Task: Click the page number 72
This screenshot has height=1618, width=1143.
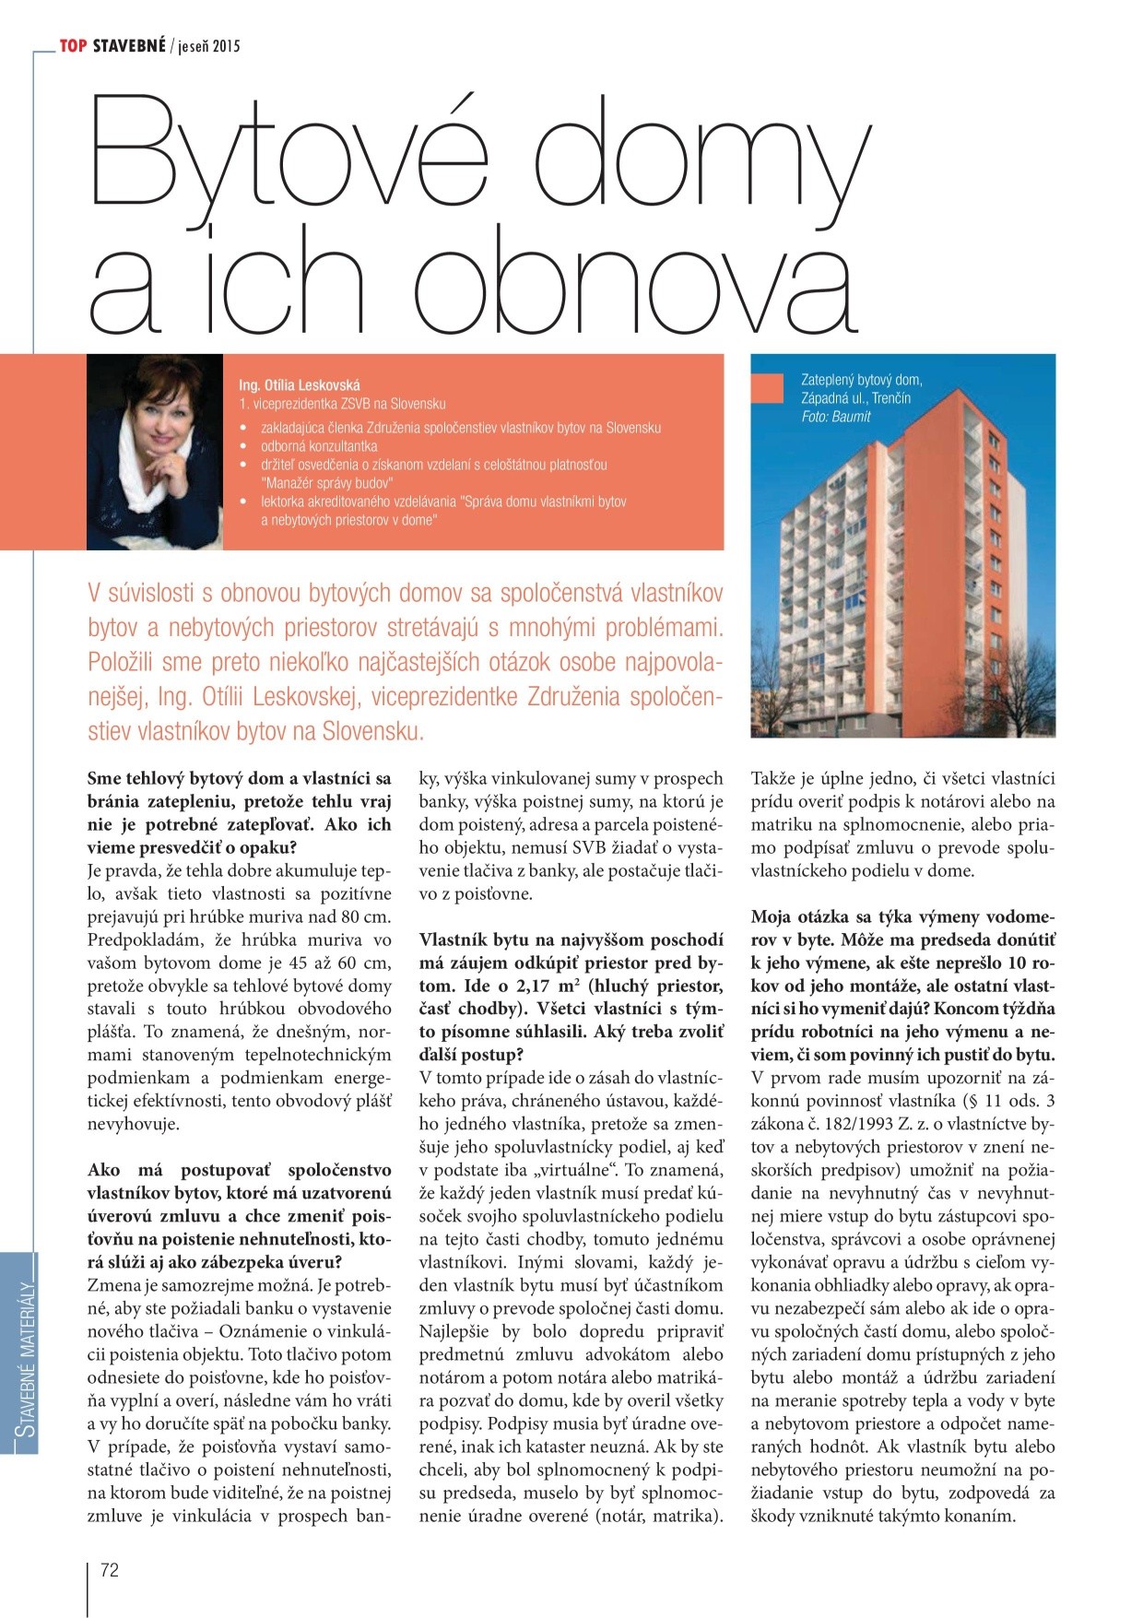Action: (x=110, y=1570)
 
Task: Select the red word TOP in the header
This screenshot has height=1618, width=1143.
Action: (x=74, y=46)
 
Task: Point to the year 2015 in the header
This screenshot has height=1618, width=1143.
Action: (x=225, y=46)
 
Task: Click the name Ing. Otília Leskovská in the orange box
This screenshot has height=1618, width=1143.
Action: (x=300, y=385)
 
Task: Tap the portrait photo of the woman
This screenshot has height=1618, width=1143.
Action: (x=155, y=452)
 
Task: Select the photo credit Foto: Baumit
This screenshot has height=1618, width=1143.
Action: (x=836, y=417)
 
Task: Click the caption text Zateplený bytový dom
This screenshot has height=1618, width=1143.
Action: (x=861, y=380)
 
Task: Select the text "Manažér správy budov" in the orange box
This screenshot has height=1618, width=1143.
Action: (x=327, y=483)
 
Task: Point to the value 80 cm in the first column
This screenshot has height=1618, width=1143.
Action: (x=362, y=916)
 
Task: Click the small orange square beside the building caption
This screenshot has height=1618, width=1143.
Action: (x=771, y=388)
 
